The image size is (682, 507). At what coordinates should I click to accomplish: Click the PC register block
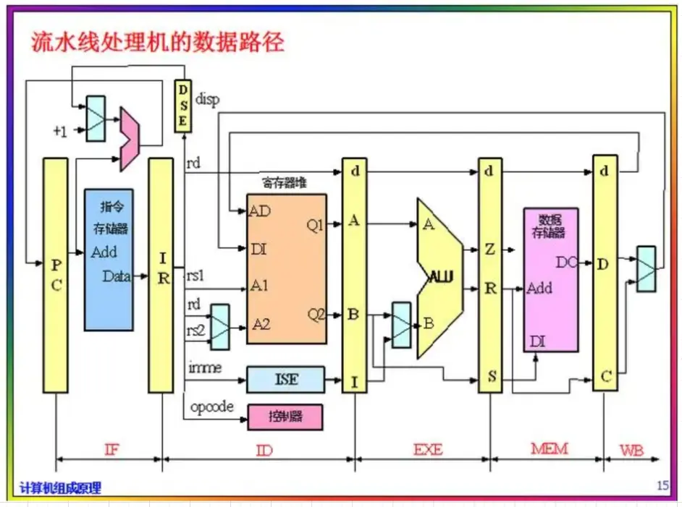pyautogui.click(x=55, y=276)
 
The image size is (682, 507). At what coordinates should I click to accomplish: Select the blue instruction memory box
pyautogui.click(x=109, y=259)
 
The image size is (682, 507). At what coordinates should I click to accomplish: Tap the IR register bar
pyautogui.click(x=161, y=276)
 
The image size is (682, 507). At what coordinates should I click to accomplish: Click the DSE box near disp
pyautogui.click(x=183, y=106)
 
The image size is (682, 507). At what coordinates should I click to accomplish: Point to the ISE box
pyautogui.click(x=285, y=378)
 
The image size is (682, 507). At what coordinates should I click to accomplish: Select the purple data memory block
pyautogui.click(x=551, y=279)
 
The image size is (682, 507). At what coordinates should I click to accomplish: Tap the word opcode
pyautogui.click(x=212, y=407)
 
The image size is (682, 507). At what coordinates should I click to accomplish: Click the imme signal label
pyautogui.click(x=205, y=368)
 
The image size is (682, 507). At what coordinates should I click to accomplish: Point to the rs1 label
pyautogui.click(x=195, y=276)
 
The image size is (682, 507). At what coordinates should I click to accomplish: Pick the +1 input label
pyautogui.click(x=59, y=131)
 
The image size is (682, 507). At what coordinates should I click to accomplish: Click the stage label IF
pyautogui.click(x=111, y=450)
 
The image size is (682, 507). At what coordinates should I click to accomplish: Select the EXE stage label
pyautogui.click(x=428, y=450)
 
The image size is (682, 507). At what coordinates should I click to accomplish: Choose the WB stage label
pyautogui.click(x=631, y=450)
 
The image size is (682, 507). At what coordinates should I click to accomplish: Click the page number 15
pyautogui.click(x=662, y=485)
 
